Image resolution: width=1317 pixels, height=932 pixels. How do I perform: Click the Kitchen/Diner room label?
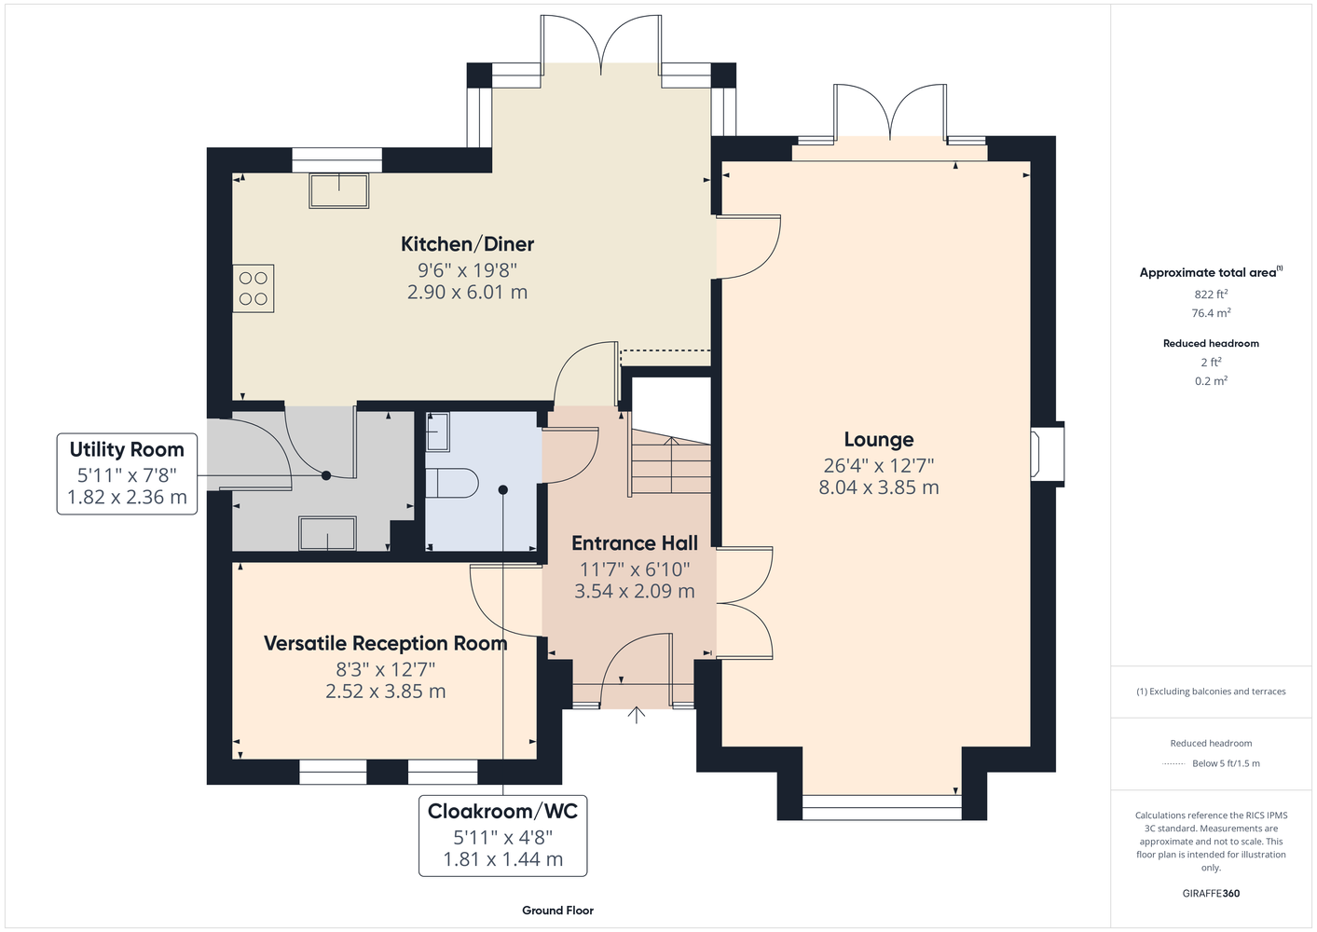tap(467, 244)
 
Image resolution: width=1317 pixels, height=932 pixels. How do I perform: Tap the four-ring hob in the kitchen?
tap(254, 288)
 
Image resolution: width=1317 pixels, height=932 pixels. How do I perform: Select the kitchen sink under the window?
tap(339, 190)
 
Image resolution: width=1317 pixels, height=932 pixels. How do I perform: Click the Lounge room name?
tap(879, 440)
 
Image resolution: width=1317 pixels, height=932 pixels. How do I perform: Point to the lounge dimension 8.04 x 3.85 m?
tap(879, 487)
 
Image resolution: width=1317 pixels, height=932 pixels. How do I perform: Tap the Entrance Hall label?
tap(635, 543)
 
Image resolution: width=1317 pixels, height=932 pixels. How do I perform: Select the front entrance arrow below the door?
tap(637, 715)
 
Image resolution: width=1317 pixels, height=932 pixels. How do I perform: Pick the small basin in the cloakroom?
tap(437, 432)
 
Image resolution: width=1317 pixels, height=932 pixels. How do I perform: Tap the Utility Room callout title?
tap(127, 450)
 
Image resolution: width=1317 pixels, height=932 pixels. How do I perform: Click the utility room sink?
tap(327, 533)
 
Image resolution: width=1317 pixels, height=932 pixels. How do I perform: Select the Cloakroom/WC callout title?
tap(502, 812)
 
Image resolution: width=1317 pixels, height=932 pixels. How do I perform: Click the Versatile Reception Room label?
tap(386, 643)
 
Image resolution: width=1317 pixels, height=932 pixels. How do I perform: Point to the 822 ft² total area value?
tap(1211, 294)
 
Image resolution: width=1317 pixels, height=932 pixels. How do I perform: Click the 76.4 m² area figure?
tap(1211, 313)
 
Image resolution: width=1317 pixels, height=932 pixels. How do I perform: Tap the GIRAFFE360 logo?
tap(1211, 893)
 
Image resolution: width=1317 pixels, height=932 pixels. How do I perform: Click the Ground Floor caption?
tap(558, 911)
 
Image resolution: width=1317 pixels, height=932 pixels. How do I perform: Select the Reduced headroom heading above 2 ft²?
tap(1211, 343)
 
